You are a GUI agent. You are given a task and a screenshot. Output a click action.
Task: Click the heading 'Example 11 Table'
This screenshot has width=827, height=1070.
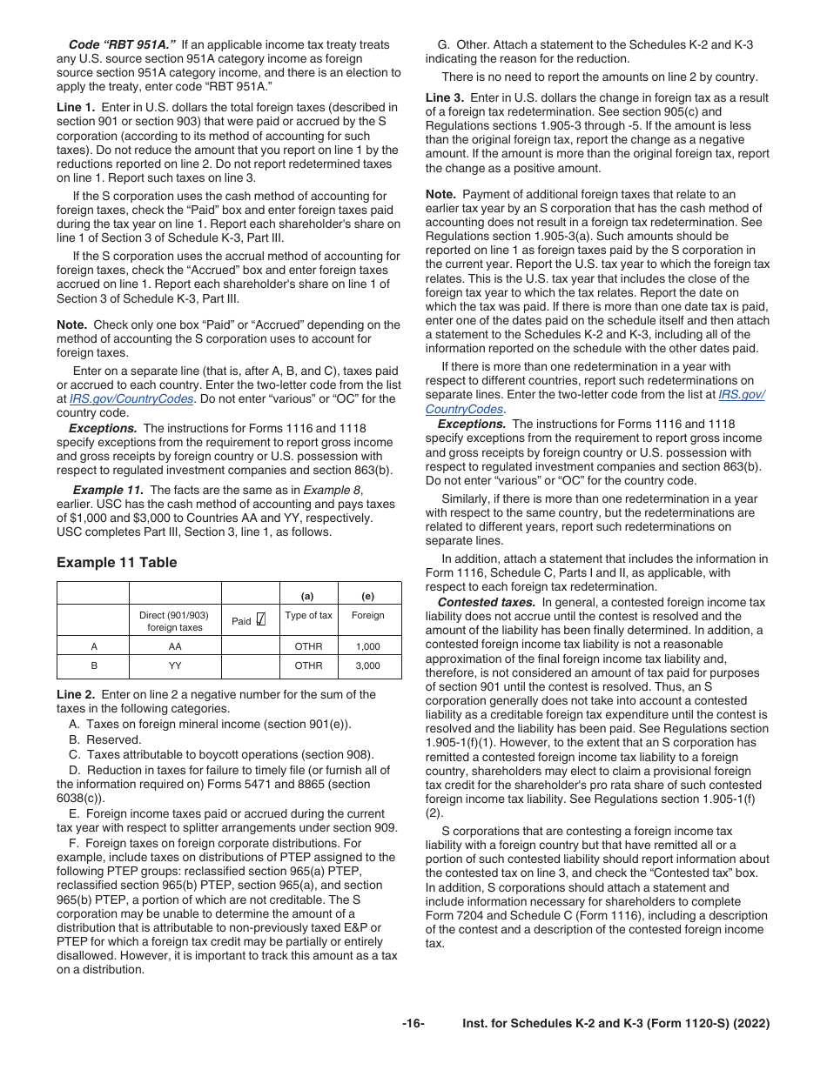[117, 563]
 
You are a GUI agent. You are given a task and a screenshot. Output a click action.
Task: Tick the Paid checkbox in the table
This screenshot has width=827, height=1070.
[260, 620]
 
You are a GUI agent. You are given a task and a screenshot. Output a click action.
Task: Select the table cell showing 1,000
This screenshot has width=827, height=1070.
[368, 646]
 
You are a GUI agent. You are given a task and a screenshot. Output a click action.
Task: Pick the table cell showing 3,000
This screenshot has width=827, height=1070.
[368, 665]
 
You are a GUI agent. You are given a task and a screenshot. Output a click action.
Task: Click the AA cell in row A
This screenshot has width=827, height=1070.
[175, 646]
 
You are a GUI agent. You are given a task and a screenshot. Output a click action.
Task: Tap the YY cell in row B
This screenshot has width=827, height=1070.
[175, 665]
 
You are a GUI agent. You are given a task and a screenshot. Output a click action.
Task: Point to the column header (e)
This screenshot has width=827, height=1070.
[368, 597]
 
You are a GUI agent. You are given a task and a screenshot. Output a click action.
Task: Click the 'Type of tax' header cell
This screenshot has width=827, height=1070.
[308, 615]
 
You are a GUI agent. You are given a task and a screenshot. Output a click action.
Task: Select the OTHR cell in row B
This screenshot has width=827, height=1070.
[308, 665]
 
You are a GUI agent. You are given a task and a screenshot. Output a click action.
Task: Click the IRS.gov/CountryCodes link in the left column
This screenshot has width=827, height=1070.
[118, 398]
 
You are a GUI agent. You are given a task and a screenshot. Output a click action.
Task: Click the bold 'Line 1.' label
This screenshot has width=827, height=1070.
[76, 107]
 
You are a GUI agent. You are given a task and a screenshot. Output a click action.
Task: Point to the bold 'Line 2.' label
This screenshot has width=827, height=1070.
[76, 694]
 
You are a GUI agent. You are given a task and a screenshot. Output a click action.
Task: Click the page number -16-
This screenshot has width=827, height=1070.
[413, 1024]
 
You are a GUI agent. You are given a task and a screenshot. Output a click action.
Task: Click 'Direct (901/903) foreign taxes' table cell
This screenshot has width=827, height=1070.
[174, 620]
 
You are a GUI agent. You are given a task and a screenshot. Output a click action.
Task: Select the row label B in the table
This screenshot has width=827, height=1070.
[94, 665]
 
